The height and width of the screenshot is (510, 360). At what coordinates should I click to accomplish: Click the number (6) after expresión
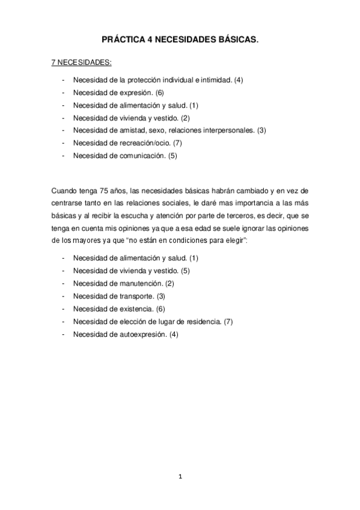(159, 93)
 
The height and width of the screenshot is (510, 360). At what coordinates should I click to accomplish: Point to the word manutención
(139, 283)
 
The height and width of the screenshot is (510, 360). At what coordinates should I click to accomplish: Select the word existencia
(135, 309)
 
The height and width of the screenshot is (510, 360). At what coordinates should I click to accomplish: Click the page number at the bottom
(180, 478)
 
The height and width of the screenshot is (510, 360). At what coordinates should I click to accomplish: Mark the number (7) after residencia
(228, 321)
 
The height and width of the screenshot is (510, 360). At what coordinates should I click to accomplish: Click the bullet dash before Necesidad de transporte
(63, 296)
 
